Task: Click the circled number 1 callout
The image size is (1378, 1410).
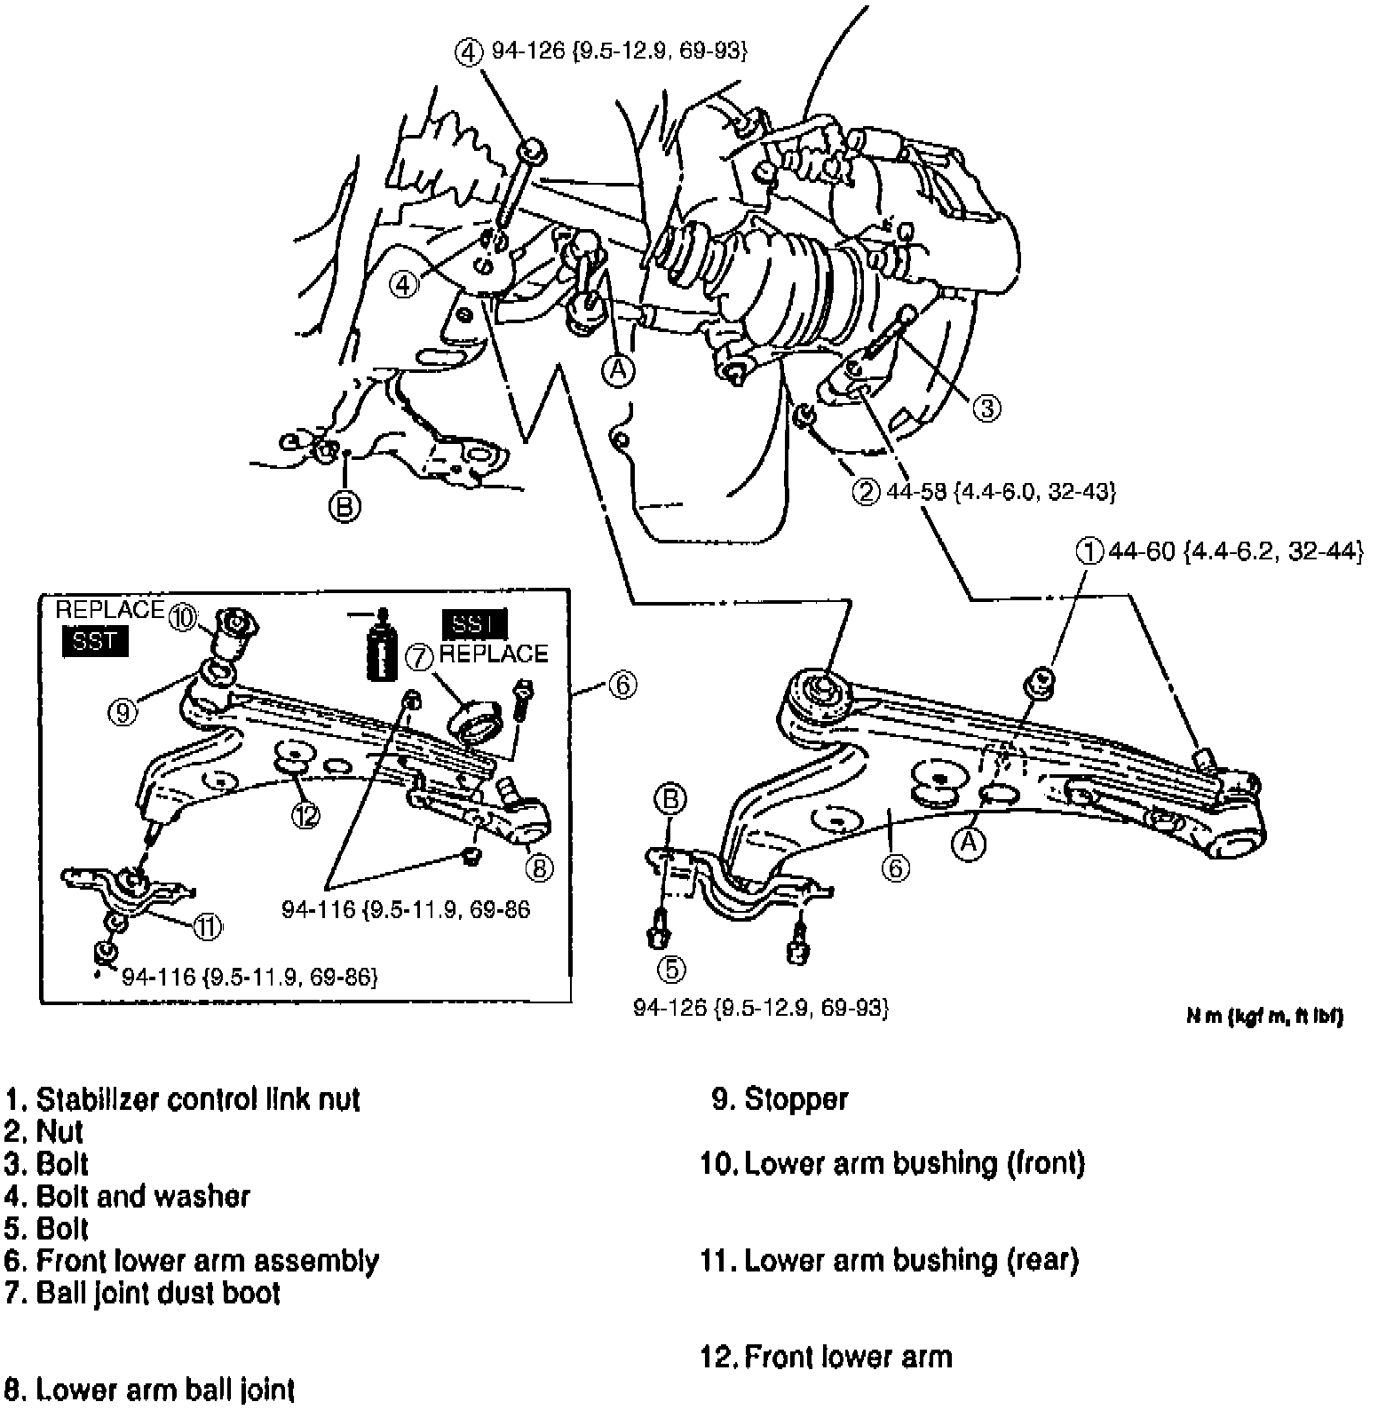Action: tap(1089, 551)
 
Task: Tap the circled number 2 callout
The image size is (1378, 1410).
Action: tap(865, 491)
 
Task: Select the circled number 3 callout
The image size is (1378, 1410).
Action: tap(986, 408)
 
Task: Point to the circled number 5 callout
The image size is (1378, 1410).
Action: tap(671, 969)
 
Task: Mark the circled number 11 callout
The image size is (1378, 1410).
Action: tap(207, 927)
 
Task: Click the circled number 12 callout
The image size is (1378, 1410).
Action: tap(305, 816)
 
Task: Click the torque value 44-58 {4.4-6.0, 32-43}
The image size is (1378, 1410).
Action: tap(1001, 491)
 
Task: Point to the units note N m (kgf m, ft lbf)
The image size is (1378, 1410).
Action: tap(1264, 1016)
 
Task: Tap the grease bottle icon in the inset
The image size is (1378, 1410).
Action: tap(382, 645)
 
